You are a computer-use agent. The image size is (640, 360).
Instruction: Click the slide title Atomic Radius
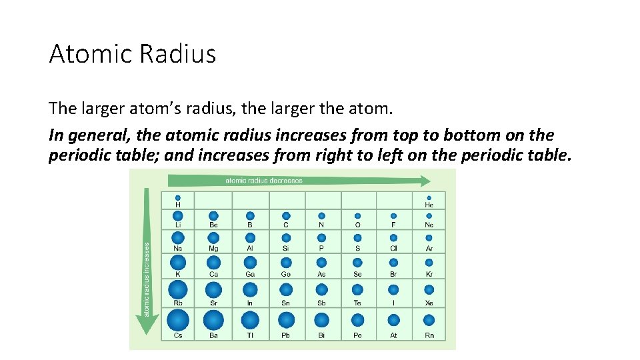(132, 53)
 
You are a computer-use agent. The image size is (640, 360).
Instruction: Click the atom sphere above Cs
(178, 320)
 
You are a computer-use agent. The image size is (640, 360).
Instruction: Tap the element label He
(429, 206)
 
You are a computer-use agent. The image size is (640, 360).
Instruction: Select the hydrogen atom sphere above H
(178, 198)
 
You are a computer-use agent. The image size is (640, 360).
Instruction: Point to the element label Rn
(429, 335)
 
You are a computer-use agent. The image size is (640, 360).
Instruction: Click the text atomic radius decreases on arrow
(263, 180)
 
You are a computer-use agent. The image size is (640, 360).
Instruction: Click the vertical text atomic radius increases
(147, 279)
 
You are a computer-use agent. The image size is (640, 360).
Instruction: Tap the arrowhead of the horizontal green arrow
(424, 180)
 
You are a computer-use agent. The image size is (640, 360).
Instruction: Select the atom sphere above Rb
(178, 289)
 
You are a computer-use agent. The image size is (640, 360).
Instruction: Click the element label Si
(286, 249)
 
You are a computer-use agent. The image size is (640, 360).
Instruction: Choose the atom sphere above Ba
(213, 320)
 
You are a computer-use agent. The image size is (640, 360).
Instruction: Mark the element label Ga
(250, 275)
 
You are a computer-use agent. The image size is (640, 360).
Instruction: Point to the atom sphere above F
(393, 216)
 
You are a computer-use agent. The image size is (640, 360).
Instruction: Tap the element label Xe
(429, 303)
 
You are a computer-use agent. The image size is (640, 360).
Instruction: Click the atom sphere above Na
(178, 238)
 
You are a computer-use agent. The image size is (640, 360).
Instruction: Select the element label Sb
(321, 303)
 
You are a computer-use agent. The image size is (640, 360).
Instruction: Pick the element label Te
(357, 303)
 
